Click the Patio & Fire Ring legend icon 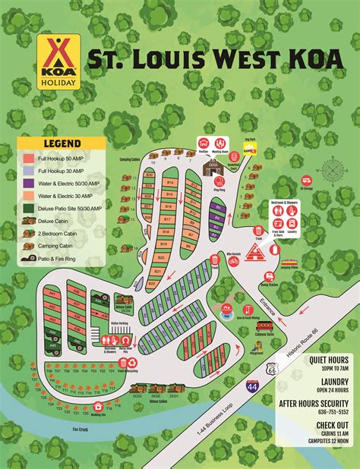(27, 258)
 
